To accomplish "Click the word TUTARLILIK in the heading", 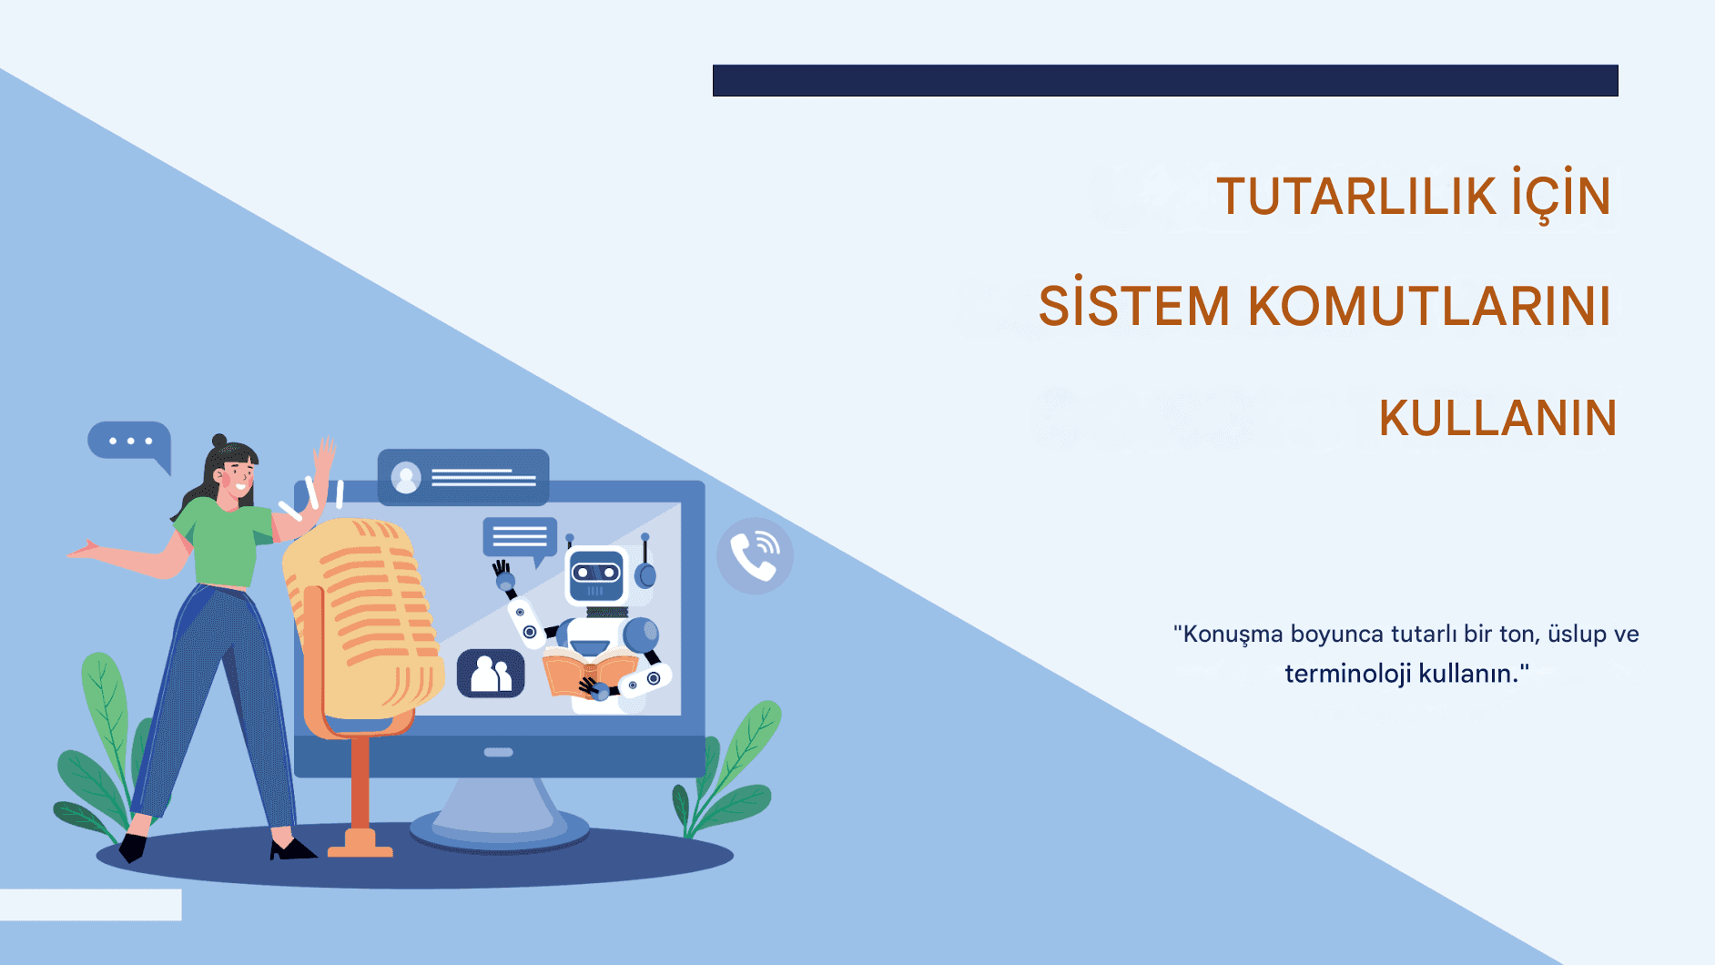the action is coord(1356,197).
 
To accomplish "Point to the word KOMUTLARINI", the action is coord(1429,306).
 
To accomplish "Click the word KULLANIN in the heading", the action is coord(1497,419).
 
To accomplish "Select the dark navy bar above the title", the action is coord(1165,80).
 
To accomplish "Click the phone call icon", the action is coord(755,556).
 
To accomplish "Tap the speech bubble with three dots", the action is coord(129,442).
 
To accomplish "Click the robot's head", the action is coord(597,574).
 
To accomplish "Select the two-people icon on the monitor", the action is coord(491,674).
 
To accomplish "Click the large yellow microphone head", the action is coord(362,619).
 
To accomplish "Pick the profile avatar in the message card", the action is coord(406,477).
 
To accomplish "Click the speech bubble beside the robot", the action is coord(520,539).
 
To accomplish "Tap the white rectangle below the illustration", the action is coord(90,905).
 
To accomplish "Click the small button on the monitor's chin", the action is coord(499,753).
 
